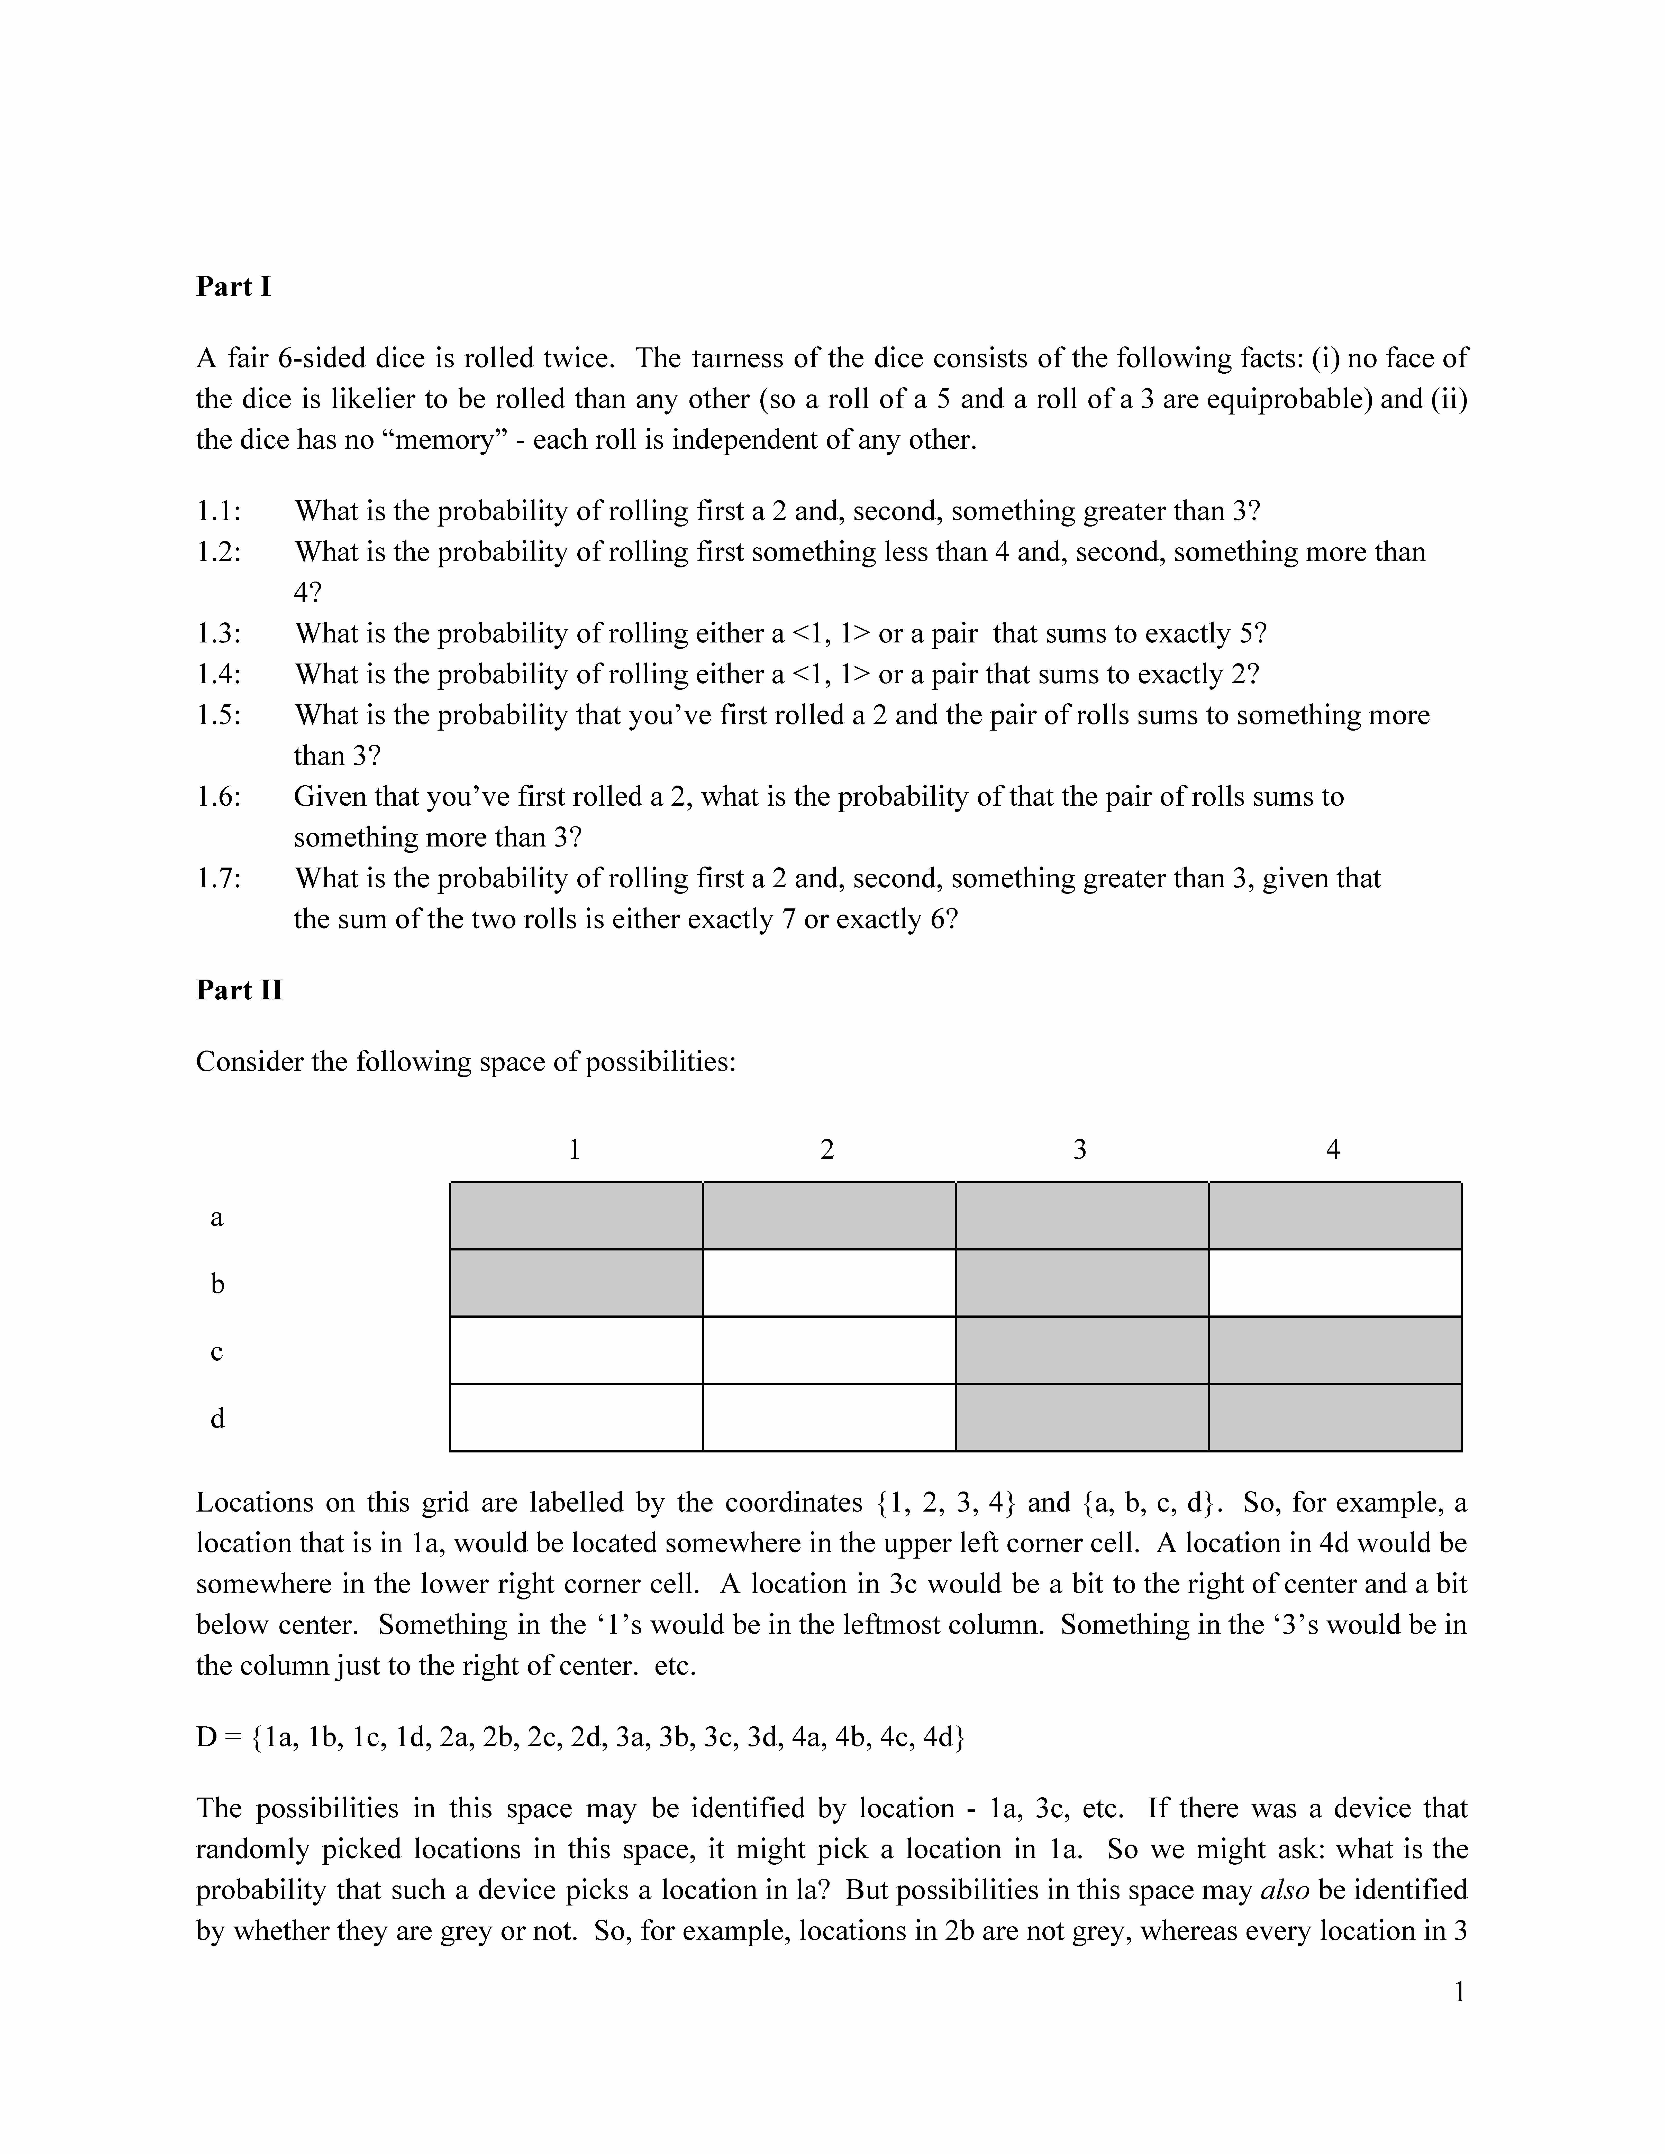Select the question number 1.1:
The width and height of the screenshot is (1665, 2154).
click(x=218, y=512)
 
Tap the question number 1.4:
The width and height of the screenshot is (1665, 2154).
click(x=218, y=675)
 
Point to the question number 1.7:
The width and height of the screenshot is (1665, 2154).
click(x=218, y=879)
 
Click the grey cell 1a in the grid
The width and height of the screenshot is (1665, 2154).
click(x=576, y=1216)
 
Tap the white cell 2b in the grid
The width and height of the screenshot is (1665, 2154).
click(x=829, y=1283)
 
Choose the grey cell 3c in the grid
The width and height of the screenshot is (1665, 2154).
click(x=1082, y=1350)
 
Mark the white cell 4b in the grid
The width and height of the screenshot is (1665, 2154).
click(x=1335, y=1283)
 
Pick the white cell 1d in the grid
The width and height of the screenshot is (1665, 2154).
click(x=576, y=1417)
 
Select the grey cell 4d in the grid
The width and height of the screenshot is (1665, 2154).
click(x=1335, y=1417)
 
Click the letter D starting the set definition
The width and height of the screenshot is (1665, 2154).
click(x=206, y=1737)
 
